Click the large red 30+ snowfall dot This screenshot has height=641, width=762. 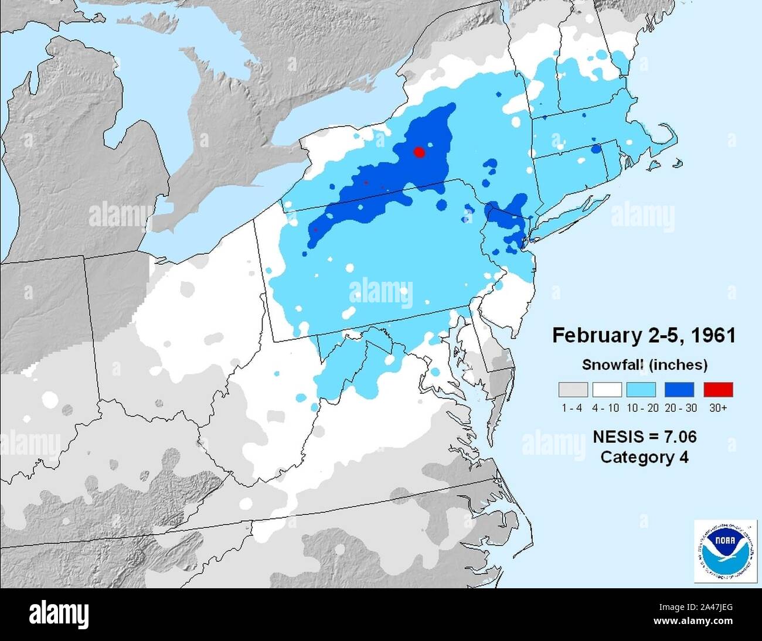419,152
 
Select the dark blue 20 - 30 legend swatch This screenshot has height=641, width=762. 679,390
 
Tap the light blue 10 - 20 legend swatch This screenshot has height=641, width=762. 641,390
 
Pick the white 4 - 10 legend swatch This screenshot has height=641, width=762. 607,390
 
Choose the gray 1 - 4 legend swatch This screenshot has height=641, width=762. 573,390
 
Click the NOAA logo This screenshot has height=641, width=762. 725,550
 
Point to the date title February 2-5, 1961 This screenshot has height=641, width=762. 644,336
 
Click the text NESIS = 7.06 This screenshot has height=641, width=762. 644,437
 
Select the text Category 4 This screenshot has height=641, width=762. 644,457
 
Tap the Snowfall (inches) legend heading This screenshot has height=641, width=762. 644,365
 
